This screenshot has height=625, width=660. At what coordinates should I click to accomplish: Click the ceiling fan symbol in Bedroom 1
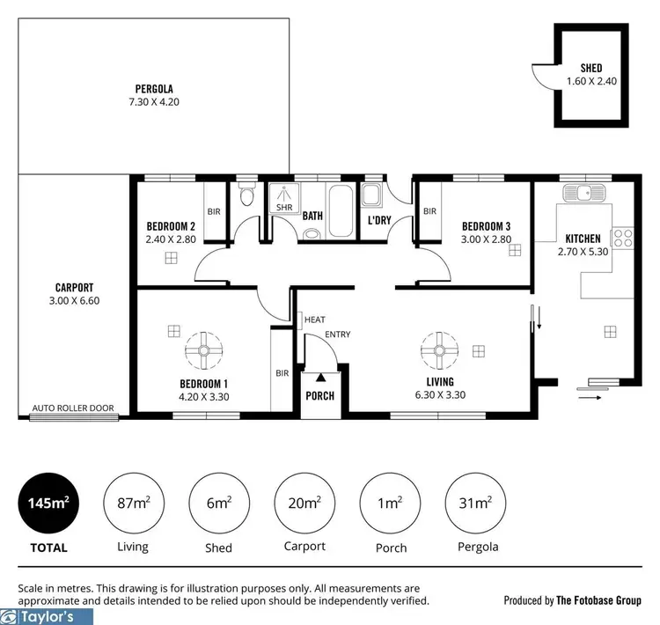[203, 351]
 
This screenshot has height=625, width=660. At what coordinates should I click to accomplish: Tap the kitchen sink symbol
[582, 192]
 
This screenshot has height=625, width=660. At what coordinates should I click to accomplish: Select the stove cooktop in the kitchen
[622, 237]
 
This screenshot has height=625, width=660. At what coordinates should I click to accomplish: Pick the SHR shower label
[283, 208]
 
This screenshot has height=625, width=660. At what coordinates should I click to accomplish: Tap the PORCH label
[319, 395]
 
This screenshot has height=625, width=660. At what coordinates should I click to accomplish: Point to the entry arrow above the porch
[319, 377]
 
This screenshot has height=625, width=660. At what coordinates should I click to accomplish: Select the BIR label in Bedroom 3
[429, 211]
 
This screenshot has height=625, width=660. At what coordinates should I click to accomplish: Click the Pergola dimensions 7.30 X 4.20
[154, 101]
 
